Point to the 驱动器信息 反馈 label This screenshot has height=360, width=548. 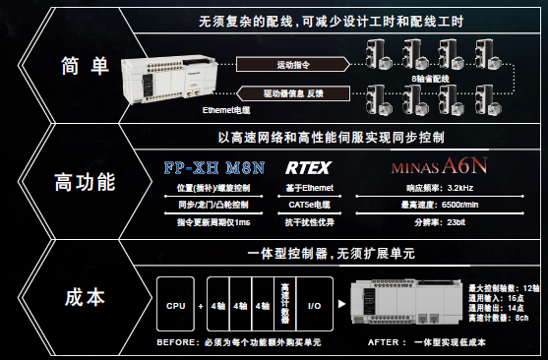tap(296, 93)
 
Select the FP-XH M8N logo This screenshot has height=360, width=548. tap(215, 167)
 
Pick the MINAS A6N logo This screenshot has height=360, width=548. tap(438, 167)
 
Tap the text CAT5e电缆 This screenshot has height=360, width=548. tap(308, 205)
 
